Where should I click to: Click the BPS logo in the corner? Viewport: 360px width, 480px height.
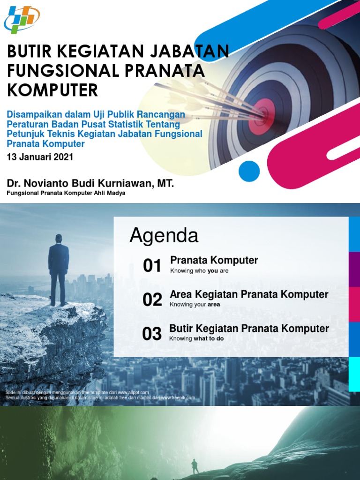tap(22, 19)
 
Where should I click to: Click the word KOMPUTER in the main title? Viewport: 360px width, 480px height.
tap(52, 90)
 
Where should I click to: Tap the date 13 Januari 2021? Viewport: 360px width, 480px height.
tap(40, 157)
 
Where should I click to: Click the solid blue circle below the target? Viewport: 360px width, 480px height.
tap(249, 171)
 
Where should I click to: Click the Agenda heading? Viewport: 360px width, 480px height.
tap(164, 236)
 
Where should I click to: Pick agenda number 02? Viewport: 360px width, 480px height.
tap(152, 300)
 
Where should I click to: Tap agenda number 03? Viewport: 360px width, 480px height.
tap(152, 334)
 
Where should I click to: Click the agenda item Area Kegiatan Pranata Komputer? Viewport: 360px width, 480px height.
tap(249, 295)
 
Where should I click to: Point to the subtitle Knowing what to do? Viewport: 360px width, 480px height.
tap(196, 338)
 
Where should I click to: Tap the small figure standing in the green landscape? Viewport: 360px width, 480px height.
tap(195, 466)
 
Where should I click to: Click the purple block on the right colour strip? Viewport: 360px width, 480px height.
tap(354, 269)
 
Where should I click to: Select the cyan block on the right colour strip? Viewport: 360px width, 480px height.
tap(354, 373)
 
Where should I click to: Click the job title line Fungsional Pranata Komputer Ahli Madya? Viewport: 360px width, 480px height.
tap(66, 193)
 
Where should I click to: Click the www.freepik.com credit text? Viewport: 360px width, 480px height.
tap(177, 398)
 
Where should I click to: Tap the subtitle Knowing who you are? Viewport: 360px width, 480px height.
tap(199, 271)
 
